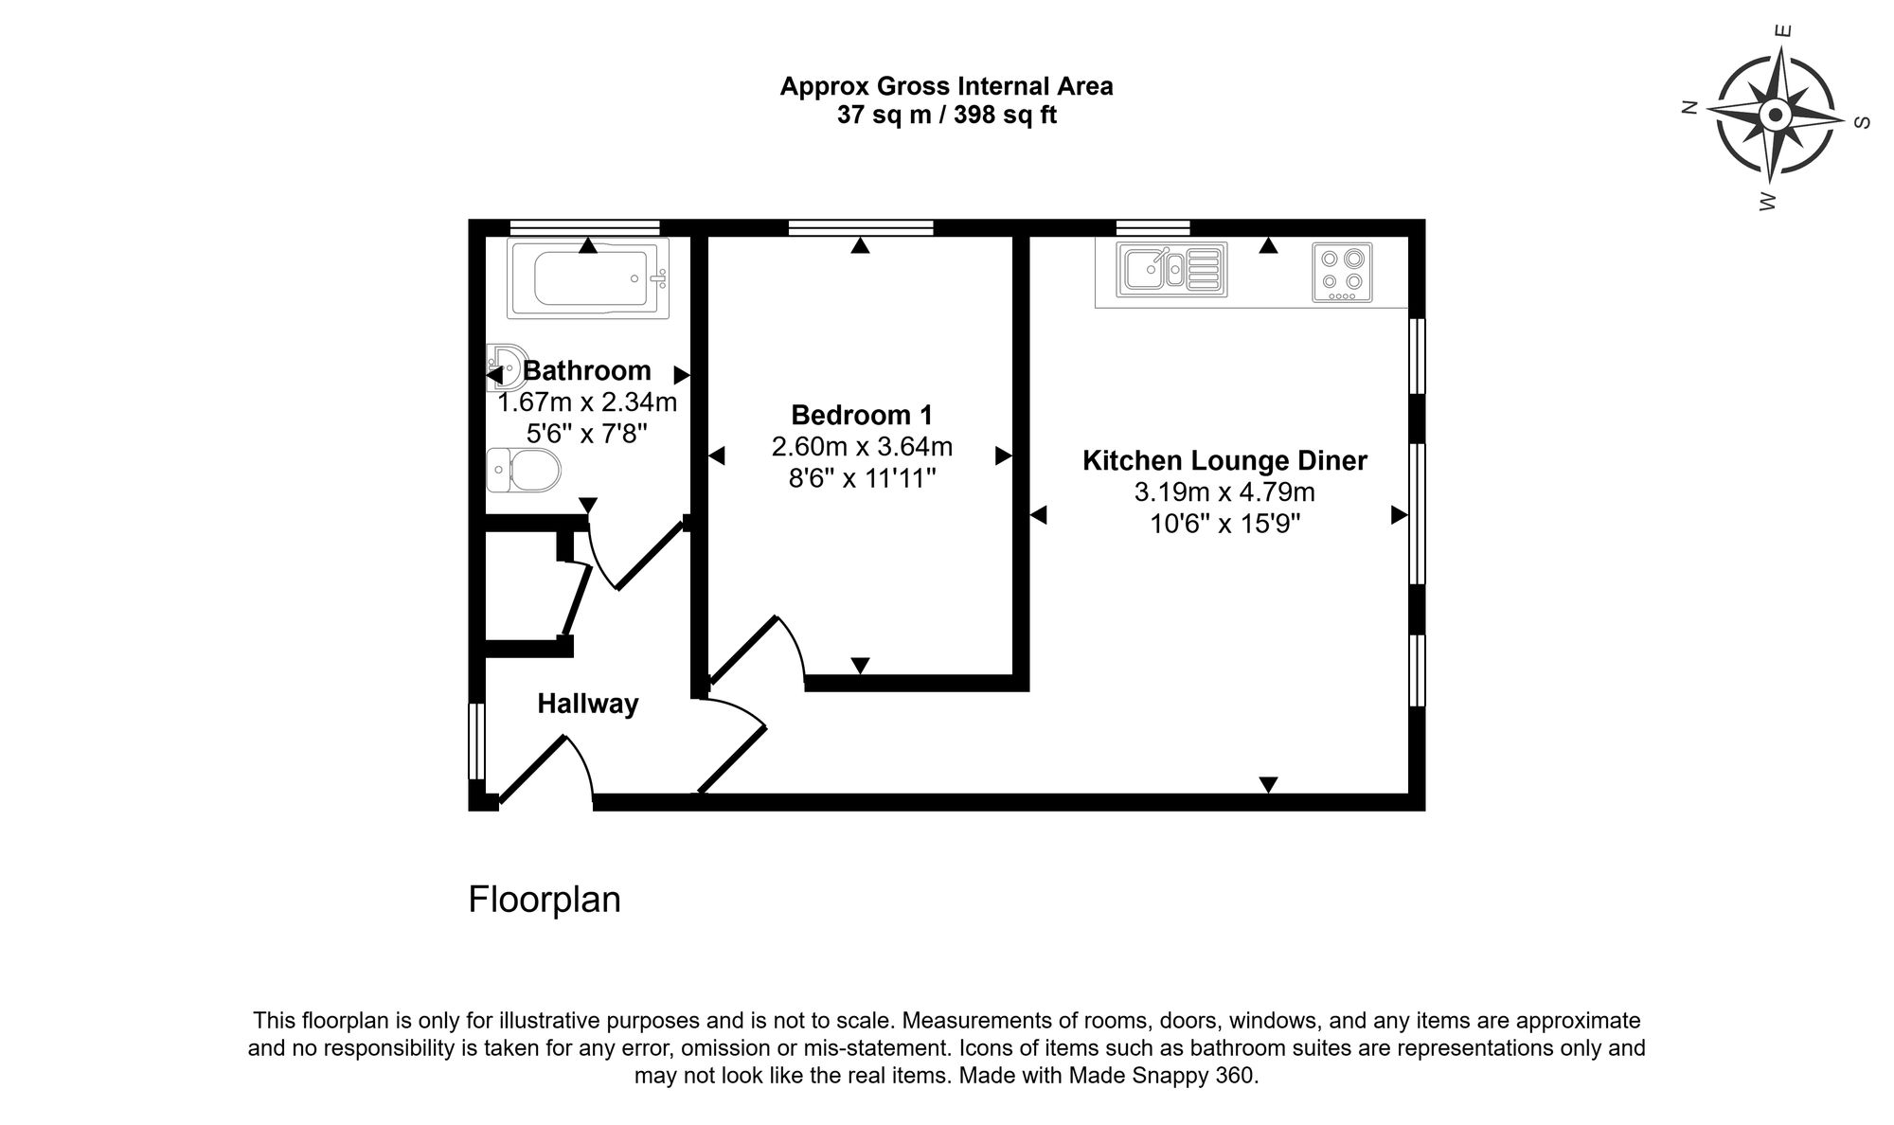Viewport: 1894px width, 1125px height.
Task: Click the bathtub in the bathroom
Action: tap(587, 277)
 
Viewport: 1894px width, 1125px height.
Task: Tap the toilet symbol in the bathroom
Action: tap(524, 470)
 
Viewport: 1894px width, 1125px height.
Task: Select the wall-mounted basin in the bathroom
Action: tap(506, 366)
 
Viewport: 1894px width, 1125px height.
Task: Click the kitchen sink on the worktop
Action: tap(1170, 269)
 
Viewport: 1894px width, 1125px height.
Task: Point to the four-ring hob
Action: tap(1342, 272)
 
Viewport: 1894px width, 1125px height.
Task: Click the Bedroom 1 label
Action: tap(862, 415)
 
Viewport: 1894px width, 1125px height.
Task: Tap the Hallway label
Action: tap(587, 704)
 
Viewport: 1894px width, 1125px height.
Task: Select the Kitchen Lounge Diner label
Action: tap(1224, 461)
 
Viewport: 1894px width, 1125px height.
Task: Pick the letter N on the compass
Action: tap(1687, 108)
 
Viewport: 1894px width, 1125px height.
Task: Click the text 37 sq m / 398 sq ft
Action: tap(946, 116)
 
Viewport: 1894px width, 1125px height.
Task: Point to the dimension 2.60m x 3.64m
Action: tap(862, 446)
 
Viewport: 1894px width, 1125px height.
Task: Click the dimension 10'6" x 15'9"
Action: tap(1224, 524)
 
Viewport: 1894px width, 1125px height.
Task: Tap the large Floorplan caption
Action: tap(545, 899)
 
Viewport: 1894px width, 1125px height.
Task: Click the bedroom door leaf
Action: tap(743, 651)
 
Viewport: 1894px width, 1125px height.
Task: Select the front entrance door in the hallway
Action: tap(532, 770)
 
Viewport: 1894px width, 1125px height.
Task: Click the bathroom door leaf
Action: tap(651, 556)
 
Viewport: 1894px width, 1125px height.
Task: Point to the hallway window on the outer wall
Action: tap(477, 741)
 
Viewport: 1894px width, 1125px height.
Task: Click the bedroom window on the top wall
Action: tap(861, 227)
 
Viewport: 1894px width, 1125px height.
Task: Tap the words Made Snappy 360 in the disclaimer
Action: tap(1162, 1077)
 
